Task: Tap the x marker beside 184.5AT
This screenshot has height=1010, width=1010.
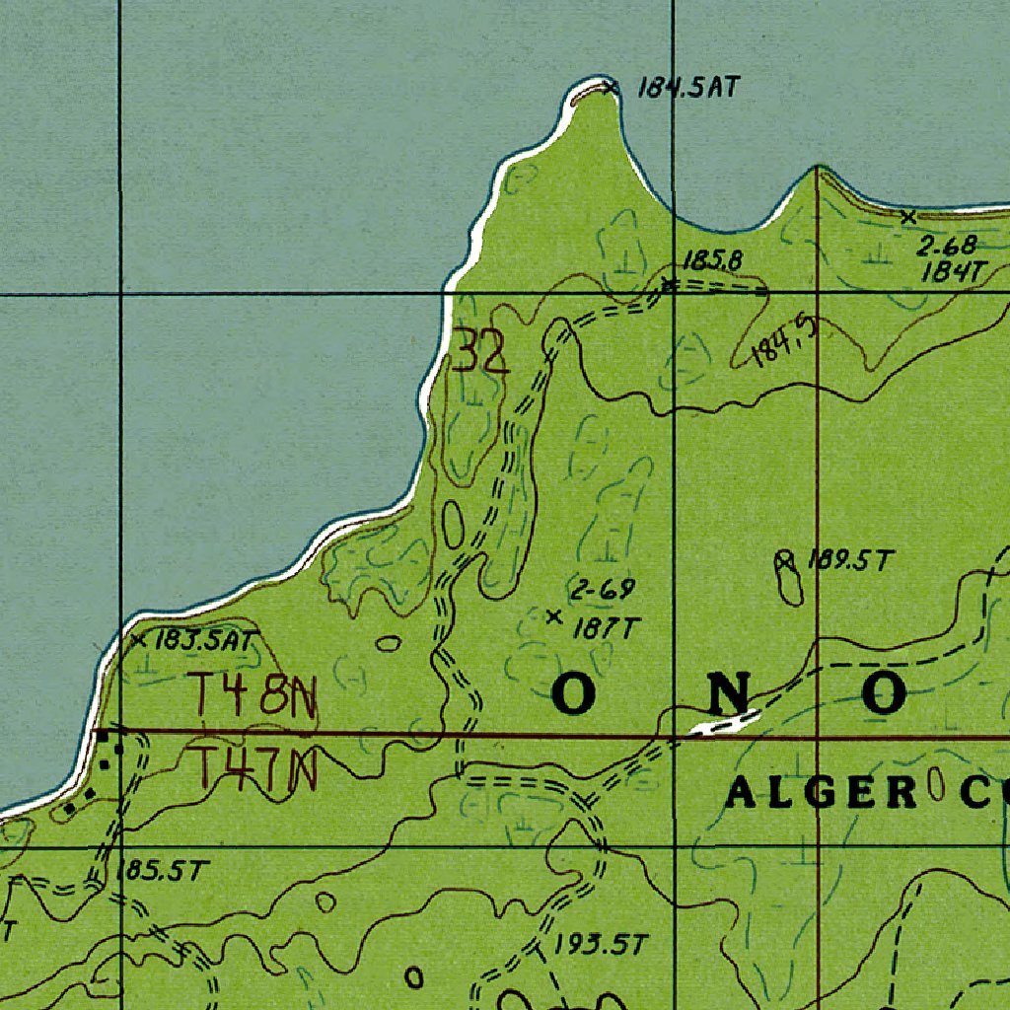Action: tap(612, 87)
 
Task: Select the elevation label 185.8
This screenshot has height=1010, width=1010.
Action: tap(712, 260)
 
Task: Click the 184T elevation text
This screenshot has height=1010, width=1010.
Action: tap(953, 272)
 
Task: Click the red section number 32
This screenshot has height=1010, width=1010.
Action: tap(480, 352)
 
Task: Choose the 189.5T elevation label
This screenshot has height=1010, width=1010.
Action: tap(849, 561)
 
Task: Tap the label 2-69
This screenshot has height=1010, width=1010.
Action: tap(602, 591)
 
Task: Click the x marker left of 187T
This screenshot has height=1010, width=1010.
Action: tap(553, 617)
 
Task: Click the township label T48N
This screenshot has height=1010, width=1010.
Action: tap(253, 696)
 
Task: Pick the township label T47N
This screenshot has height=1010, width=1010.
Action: tap(253, 769)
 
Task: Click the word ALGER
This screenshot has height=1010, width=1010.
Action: tap(821, 793)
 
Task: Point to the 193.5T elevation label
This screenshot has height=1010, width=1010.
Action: tap(599, 945)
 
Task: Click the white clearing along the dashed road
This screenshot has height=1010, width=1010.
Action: tap(725, 724)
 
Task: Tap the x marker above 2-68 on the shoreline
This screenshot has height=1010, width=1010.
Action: tap(908, 216)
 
